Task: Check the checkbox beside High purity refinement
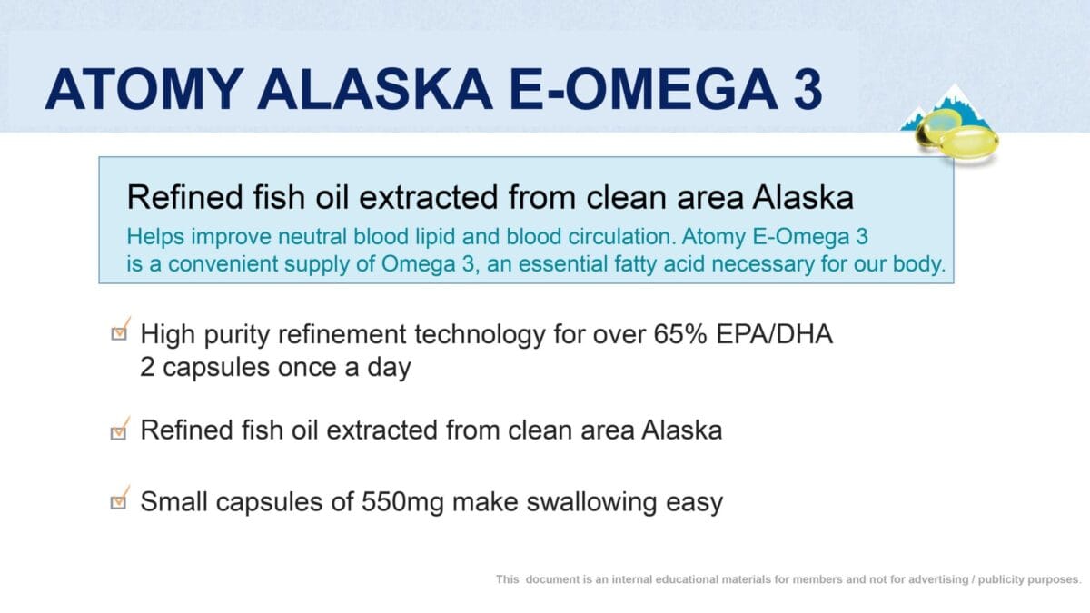(119, 333)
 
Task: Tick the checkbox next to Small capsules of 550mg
(119, 500)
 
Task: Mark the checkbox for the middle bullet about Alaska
(119, 430)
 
